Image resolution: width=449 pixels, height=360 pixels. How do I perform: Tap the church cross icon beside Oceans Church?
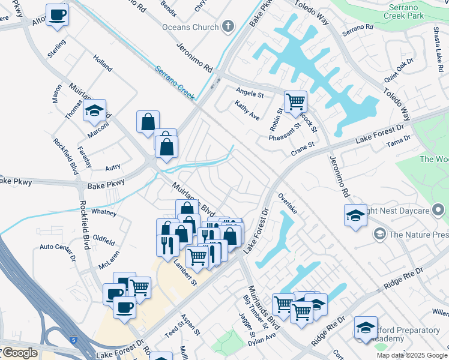click(x=228, y=26)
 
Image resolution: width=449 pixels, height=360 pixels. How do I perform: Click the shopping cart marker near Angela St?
click(x=295, y=102)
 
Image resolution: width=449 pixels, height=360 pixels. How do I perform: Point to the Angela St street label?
click(x=250, y=94)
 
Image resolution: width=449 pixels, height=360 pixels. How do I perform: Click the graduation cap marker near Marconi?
click(x=94, y=110)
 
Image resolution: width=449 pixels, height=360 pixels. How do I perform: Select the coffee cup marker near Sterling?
click(x=57, y=15)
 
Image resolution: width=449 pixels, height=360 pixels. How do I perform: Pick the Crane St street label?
click(x=303, y=148)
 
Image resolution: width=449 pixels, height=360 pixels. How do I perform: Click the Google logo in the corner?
click(x=19, y=353)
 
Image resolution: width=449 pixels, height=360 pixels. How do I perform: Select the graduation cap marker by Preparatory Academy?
click(x=365, y=328)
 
